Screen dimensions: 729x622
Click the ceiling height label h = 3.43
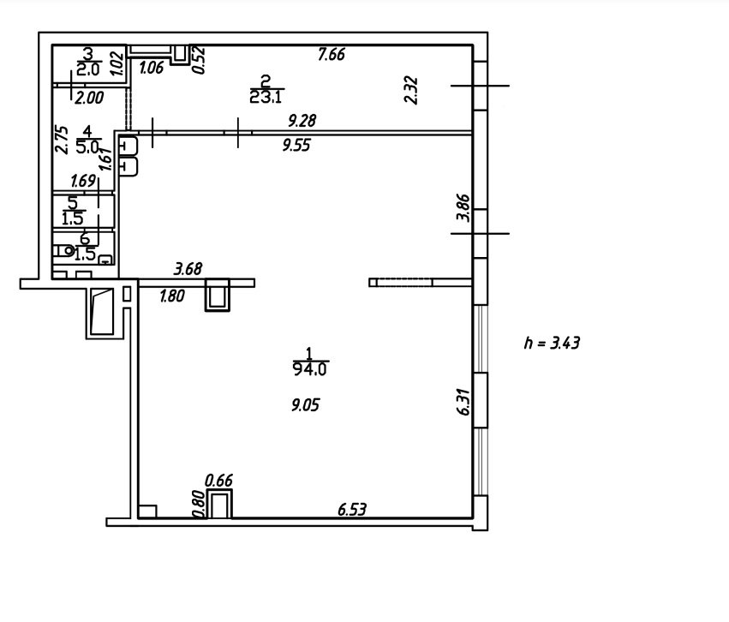552,343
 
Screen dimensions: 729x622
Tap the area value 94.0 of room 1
309,369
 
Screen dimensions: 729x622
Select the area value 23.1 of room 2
266,97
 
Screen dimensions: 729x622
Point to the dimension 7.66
331,54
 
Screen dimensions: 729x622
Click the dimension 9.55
296,146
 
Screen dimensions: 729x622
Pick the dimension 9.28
302,121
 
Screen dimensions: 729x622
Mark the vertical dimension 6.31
464,402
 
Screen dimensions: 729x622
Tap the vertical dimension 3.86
463,208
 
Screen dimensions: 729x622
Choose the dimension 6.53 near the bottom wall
352,510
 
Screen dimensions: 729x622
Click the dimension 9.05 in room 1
306,405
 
